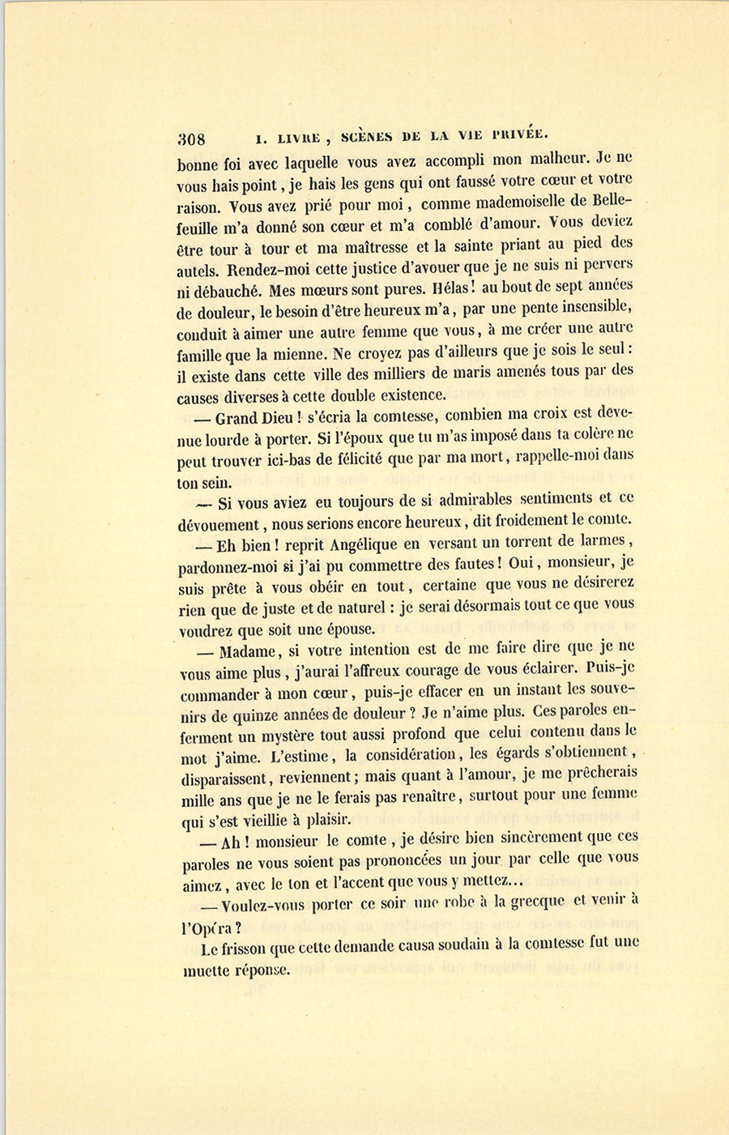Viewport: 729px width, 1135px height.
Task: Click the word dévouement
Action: click(218, 525)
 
